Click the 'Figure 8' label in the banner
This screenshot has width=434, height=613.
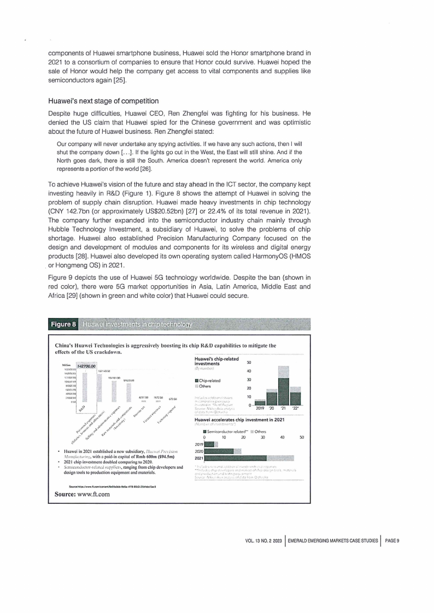(63, 325)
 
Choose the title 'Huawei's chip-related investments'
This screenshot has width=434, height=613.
(217, 361)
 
